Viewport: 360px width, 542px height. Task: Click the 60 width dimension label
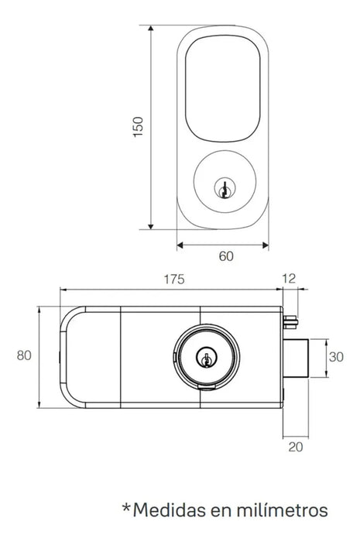point(225,256)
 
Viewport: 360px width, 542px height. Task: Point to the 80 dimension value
point(24,356)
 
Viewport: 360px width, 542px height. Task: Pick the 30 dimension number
point(334,357)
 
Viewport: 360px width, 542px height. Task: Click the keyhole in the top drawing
point(225,187)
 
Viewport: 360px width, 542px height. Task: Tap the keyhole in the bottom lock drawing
point(206,358)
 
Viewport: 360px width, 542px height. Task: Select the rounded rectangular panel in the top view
point(225,87)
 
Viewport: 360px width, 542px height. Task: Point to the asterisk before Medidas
point(126,507)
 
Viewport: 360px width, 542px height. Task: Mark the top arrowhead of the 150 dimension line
point(151,26)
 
